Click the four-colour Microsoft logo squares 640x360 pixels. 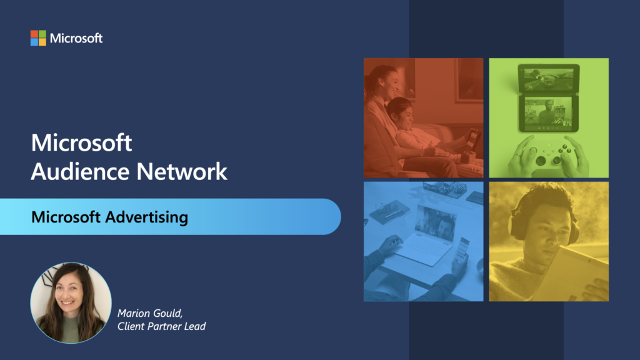point(38,38)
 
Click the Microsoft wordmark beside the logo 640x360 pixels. point(76,38)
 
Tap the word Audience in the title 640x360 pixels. point(81,171)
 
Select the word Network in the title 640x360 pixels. point(182,171)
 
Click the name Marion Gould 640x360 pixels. point(150,313)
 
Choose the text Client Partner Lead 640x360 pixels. point(162,326)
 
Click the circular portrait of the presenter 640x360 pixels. point(71,302)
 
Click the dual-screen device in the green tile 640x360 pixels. point(549,98)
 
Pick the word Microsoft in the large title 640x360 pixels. point(82,143)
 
